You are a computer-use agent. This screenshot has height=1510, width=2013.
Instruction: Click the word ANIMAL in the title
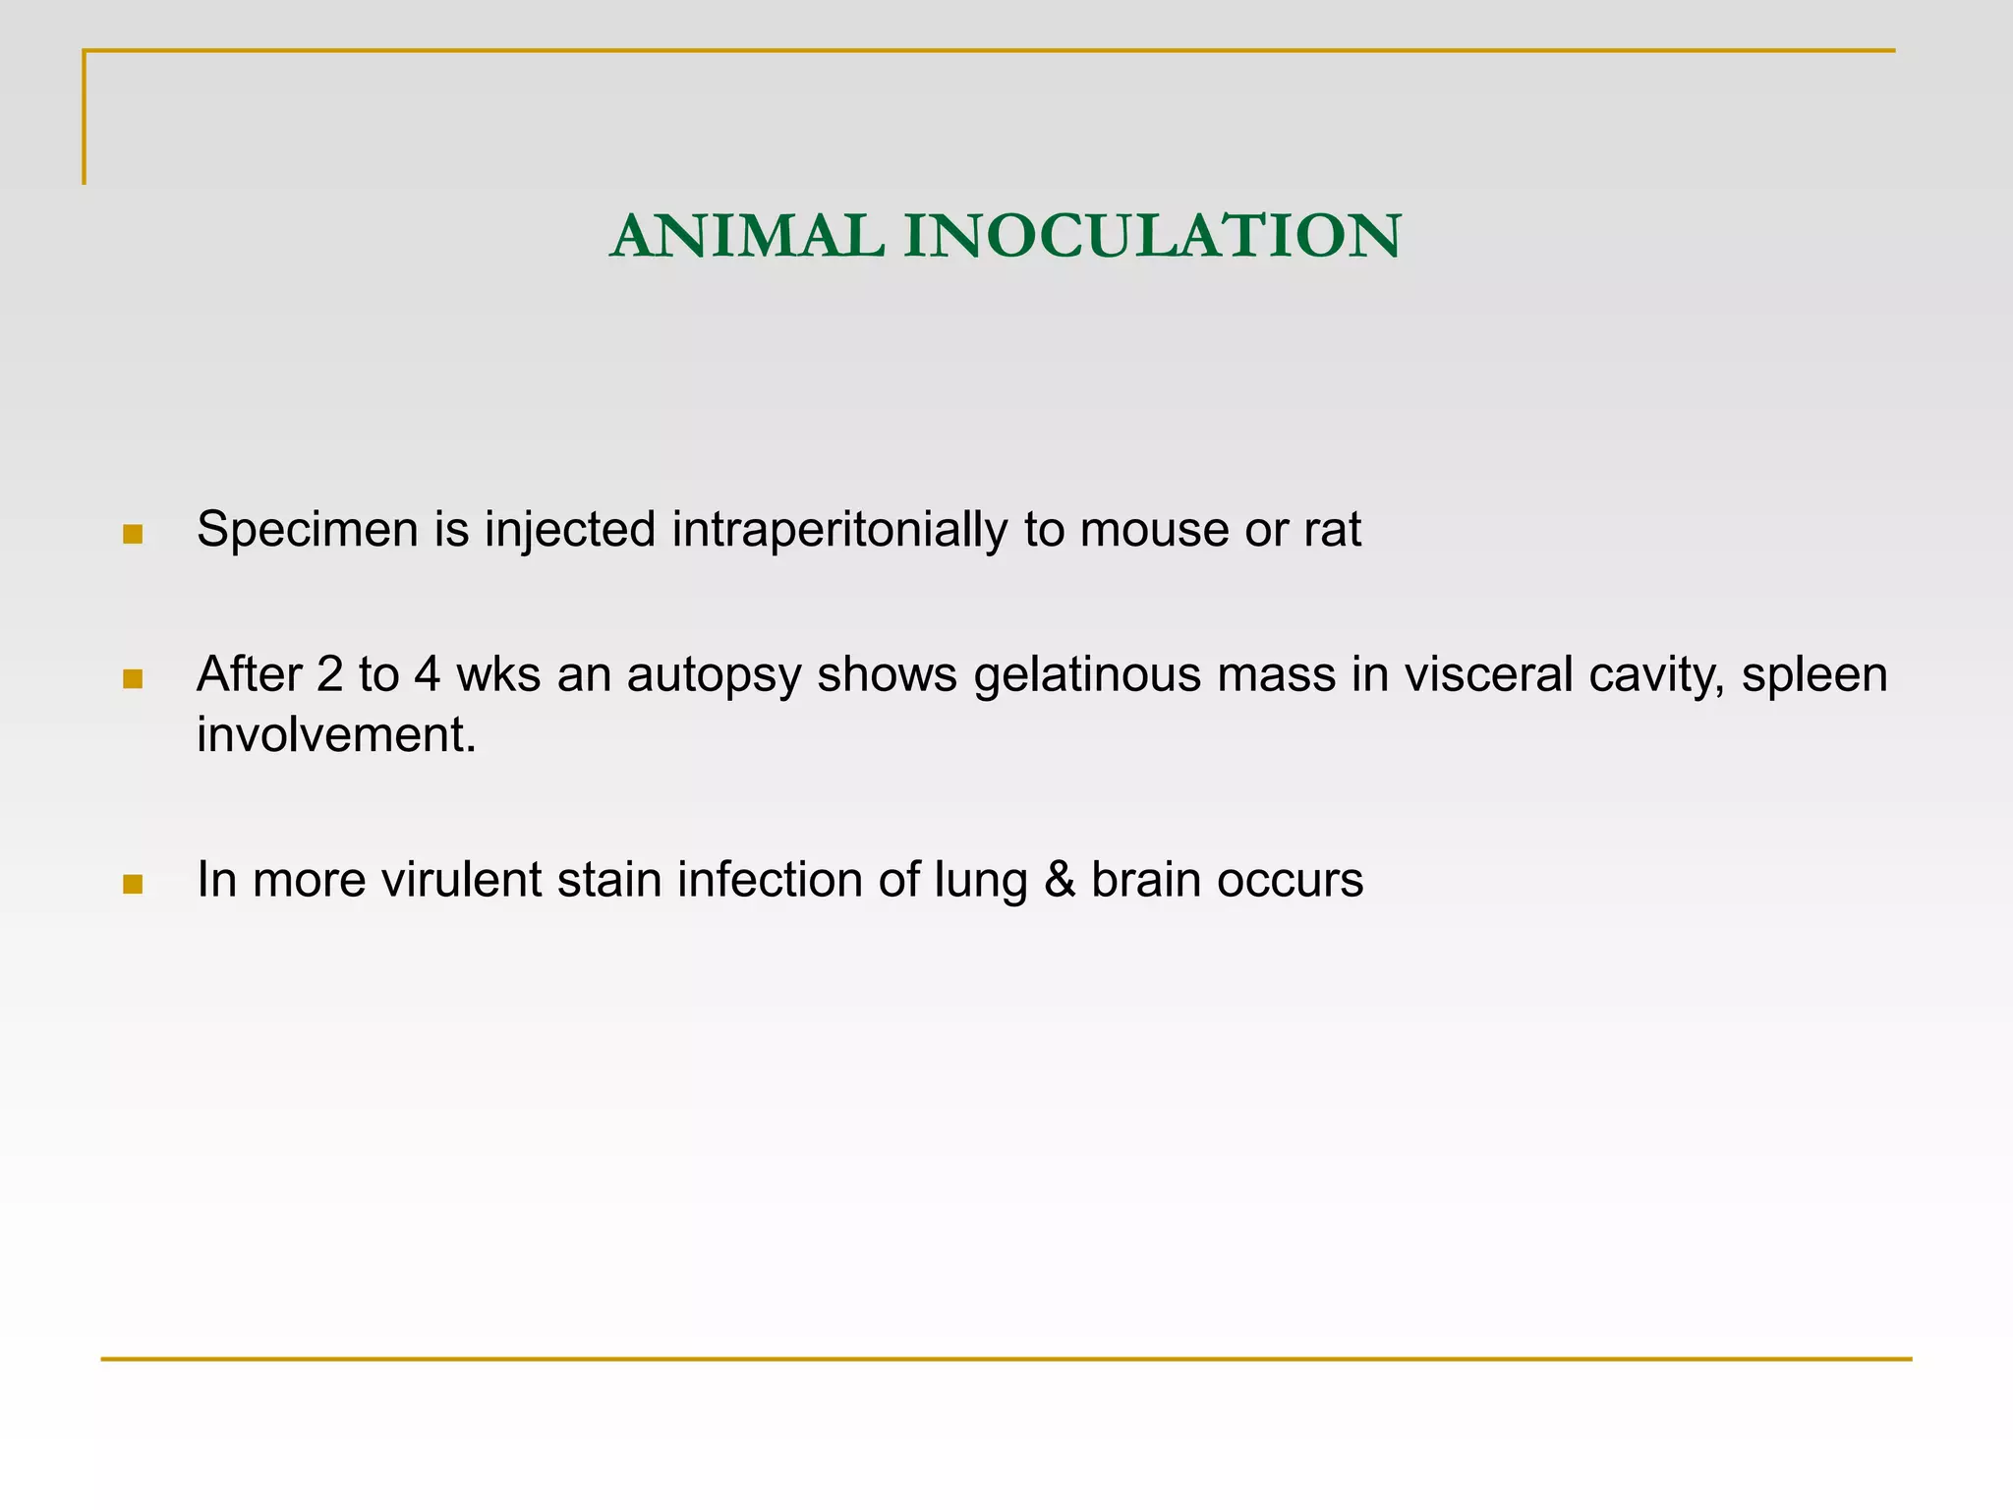click(x=746, y=237)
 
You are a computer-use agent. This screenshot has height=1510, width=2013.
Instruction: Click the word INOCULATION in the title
click(x=1152, y=237)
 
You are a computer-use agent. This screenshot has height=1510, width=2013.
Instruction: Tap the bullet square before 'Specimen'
click(x=133, y=535)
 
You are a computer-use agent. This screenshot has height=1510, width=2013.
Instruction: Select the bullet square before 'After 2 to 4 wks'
click(x=133, y=679)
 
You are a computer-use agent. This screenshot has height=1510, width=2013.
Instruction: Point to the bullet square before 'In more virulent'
click(x=133, y=884)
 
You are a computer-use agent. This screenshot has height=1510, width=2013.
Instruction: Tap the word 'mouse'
click(x=1154, y=531)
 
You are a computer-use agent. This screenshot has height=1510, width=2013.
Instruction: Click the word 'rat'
click(x=1333, y=531)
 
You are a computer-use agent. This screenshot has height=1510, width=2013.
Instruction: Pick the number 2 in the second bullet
click(x=329, y=675)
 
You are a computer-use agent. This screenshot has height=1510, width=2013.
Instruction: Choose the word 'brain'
click(x=1145, y=880)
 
